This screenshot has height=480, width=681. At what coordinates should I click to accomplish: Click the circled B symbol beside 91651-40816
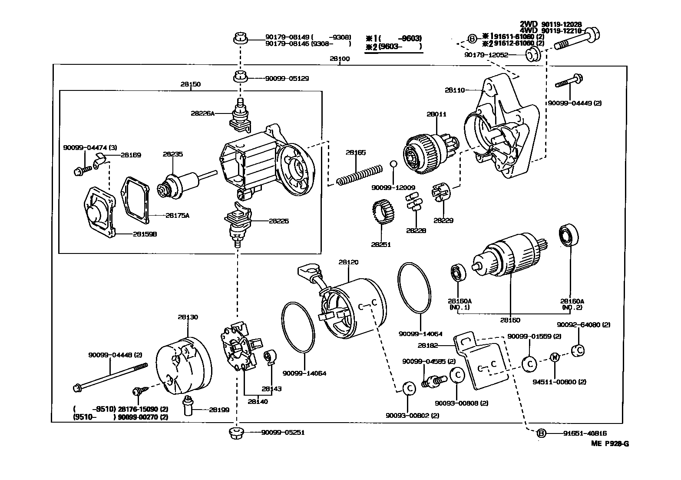click(541, 433)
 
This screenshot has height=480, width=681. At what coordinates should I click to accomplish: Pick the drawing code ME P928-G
click(609, 443)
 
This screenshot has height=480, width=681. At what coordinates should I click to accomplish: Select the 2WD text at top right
click(529, 24)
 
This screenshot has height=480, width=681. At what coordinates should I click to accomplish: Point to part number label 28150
click(191, 84)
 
